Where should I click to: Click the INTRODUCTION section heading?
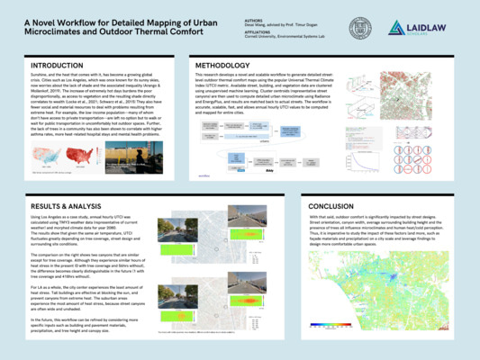pos(64,67)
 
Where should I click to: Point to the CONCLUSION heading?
pos(339,206)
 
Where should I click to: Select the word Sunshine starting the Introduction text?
pos(41,80)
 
